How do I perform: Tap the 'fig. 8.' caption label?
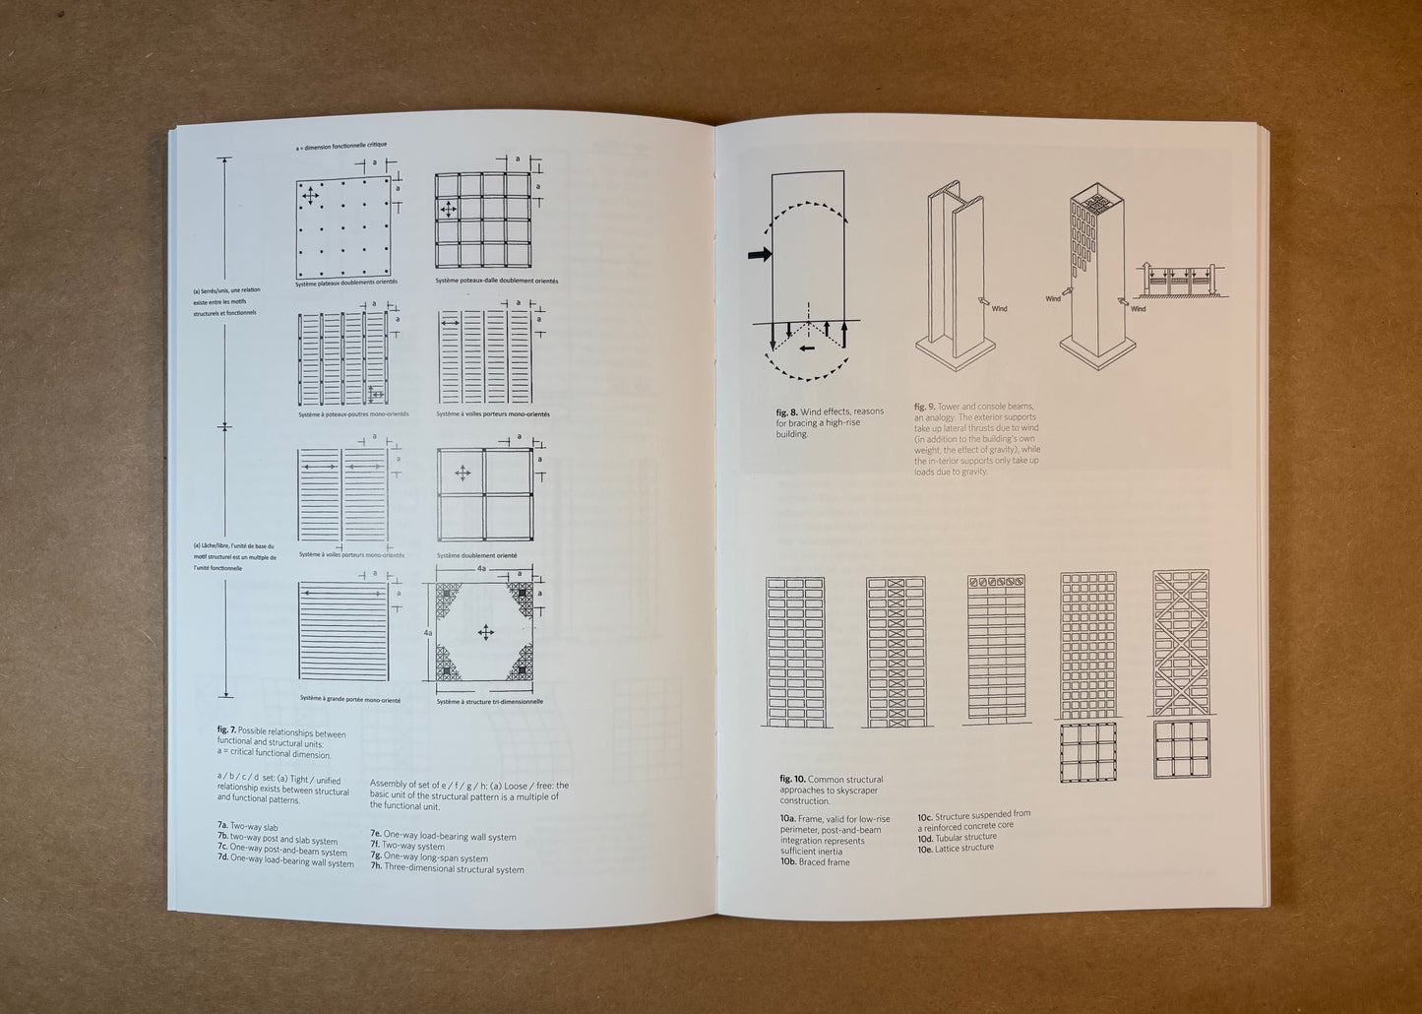pos(786,412)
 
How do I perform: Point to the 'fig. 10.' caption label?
pos(791,779)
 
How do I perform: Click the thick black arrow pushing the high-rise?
pos(760,255)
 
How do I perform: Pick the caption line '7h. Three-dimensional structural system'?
pos(447,869)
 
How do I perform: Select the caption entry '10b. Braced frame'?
pos(816,862)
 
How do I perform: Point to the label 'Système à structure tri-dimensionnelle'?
pos(489,701)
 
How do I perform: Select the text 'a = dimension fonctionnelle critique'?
pos(340,146)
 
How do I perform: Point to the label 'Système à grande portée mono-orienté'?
pos(349,699)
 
